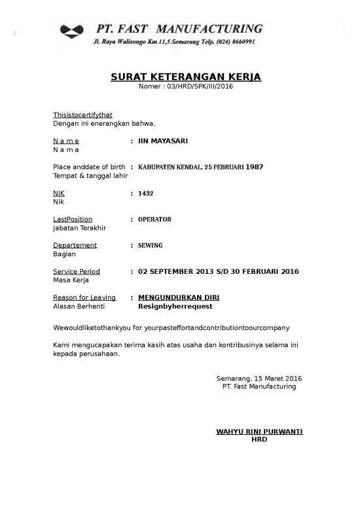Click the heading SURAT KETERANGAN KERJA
coord(185,77)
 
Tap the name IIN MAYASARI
coord(162,141)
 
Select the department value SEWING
coord(151,245)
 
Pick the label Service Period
coord(76,271)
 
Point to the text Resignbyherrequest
coord(175,306)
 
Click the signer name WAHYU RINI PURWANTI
coord(259,431)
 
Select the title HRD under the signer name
coord(259,439)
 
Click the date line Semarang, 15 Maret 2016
coord(259,379)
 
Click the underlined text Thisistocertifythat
coord(82,115)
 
